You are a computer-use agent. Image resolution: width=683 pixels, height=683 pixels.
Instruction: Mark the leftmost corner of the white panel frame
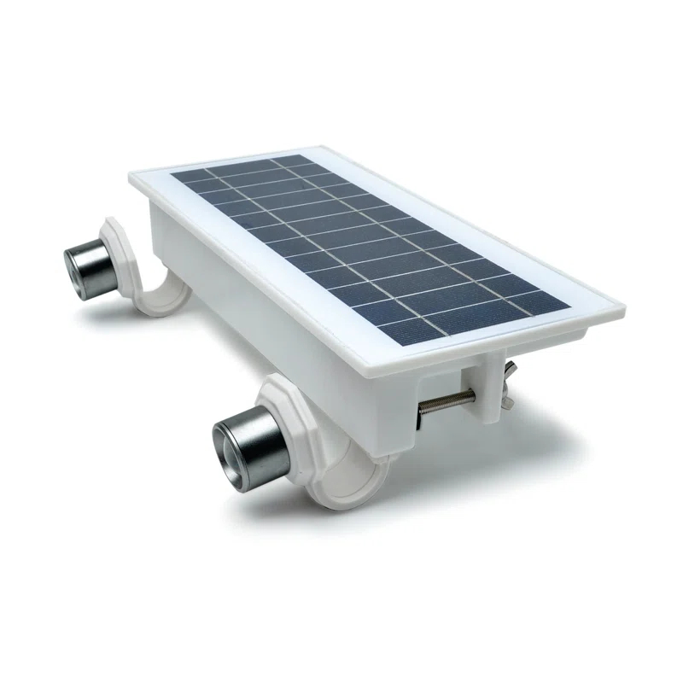pos(131,177)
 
